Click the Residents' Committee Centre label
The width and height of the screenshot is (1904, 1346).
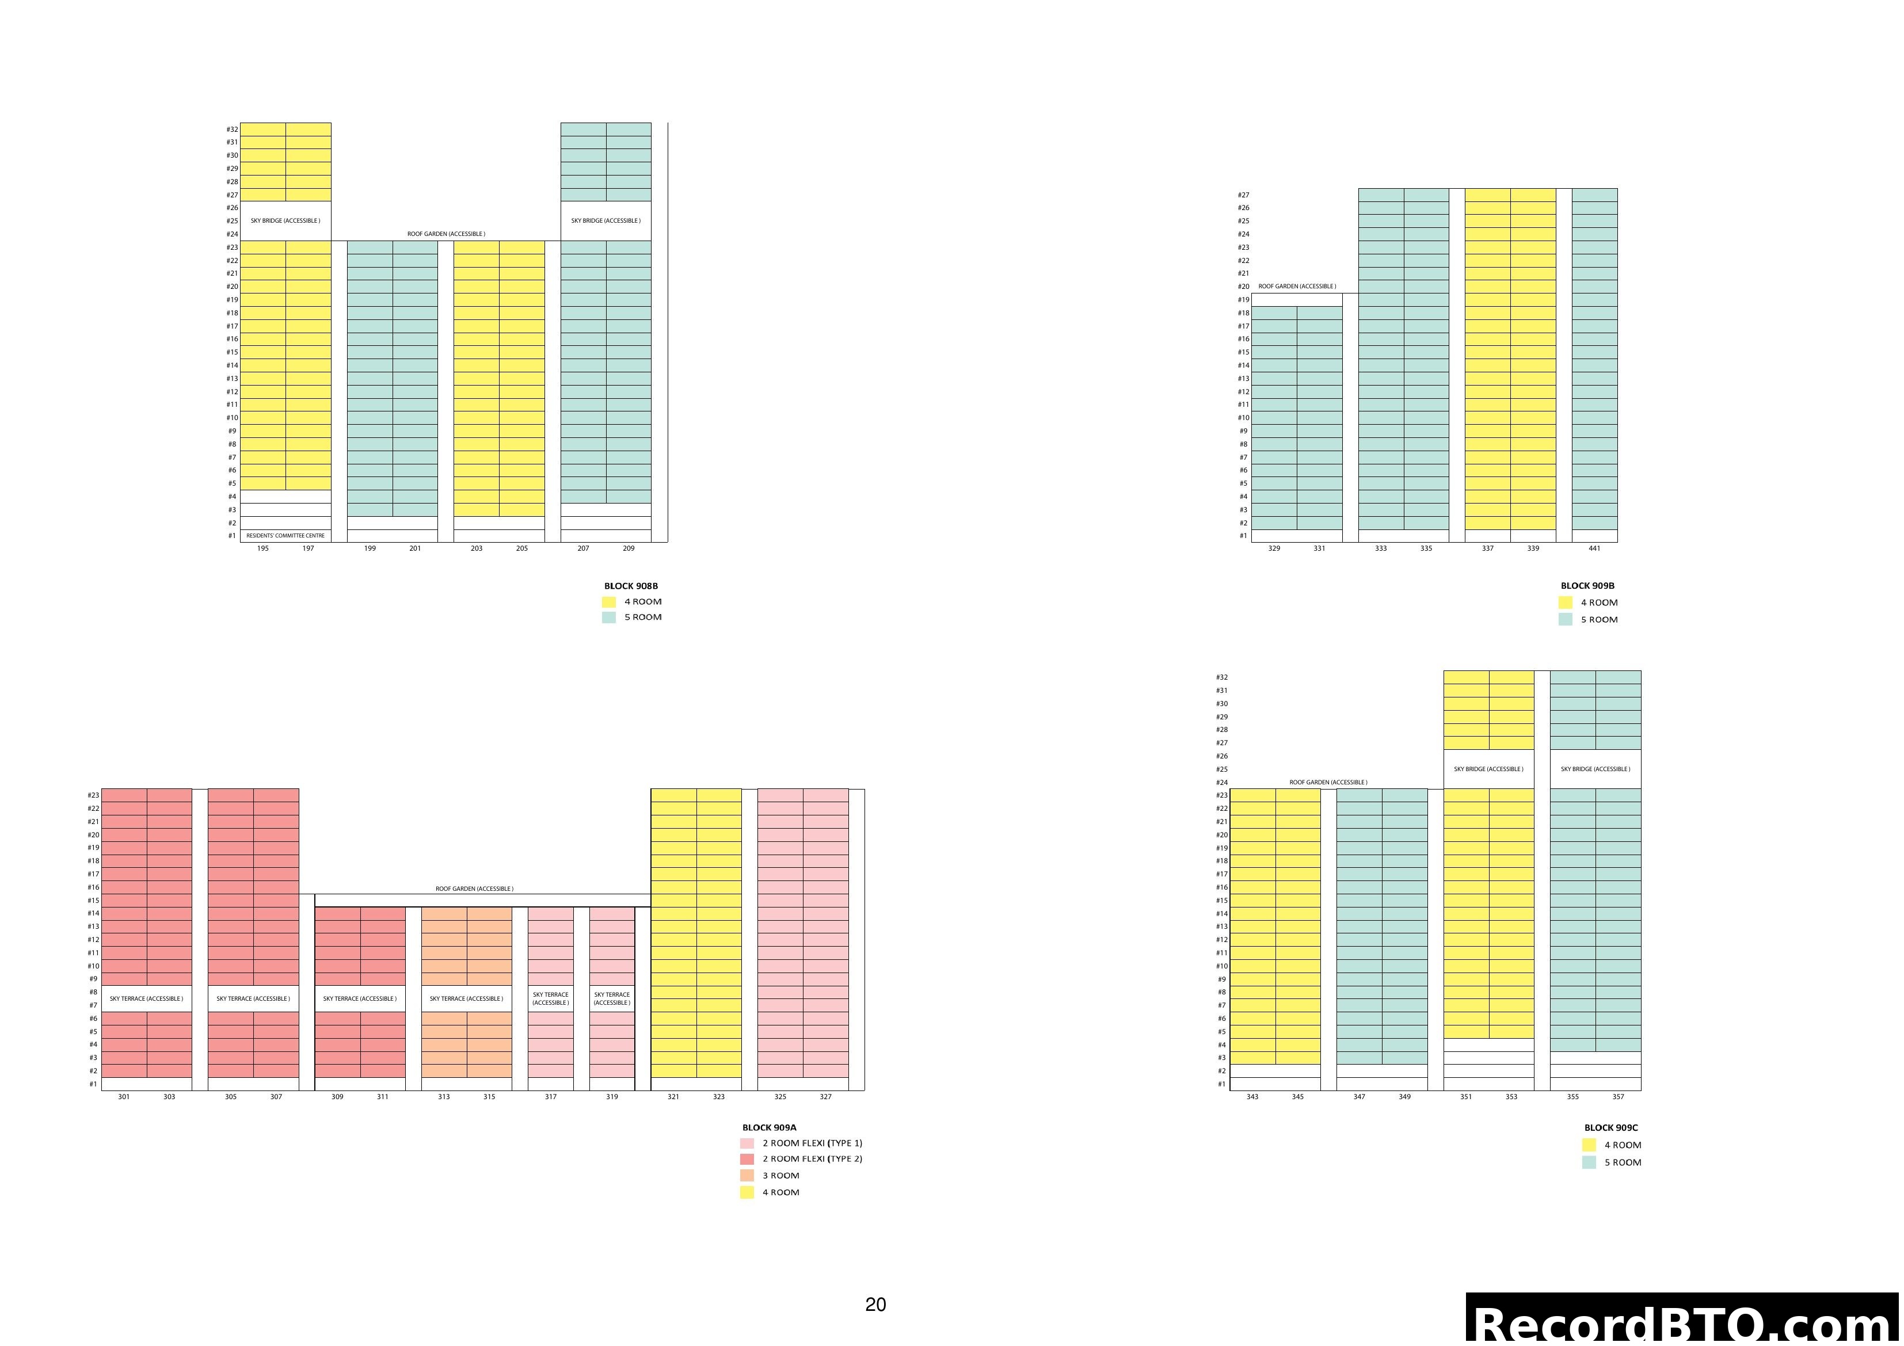(x=285, y=536)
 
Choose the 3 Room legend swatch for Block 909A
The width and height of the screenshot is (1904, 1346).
(x=747, y=1176)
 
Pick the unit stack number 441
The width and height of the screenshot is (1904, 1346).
(x=1594, y=548)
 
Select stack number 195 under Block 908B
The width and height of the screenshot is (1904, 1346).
(x=263, y=548)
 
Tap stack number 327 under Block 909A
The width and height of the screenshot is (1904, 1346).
(x=825, y=1097)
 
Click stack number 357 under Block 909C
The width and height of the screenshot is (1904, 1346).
(x=1618, y=1097)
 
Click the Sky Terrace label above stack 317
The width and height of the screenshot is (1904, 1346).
(x=551, y=998)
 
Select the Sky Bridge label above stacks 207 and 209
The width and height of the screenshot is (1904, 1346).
(x=606, y=220)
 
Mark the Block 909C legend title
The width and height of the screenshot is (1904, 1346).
(x=1610, y=1128)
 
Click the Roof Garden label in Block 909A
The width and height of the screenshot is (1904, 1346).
(x=474, y=889)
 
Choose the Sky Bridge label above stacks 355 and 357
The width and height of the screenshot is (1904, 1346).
(x=1595, y=769)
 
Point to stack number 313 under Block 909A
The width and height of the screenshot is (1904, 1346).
(x=444, y=1097)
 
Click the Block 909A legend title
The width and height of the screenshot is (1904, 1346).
(x=769, y=1128)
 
